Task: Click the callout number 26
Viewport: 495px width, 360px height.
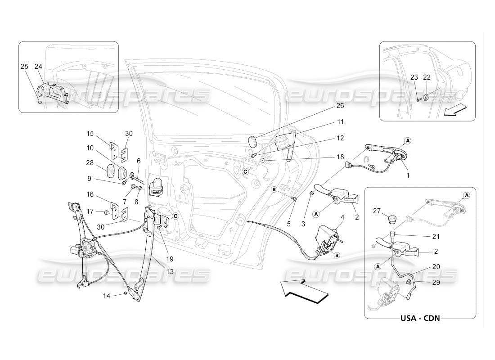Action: (340, 106)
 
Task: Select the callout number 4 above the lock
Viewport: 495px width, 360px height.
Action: (342, 217)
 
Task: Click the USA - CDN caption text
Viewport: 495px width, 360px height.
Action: (419, 318)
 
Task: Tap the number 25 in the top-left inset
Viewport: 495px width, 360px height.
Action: (24, 66)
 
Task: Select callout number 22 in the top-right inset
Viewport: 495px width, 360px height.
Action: (427, 77)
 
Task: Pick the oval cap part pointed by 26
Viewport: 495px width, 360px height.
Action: (254, 141)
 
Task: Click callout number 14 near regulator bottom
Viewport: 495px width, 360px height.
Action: (106, 296)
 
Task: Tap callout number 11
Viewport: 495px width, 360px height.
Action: (340, 122)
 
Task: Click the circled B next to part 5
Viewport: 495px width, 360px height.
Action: (274, 190)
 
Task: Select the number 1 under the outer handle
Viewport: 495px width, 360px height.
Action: (409, 175)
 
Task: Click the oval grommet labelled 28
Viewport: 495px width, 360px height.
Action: (110, 172)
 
